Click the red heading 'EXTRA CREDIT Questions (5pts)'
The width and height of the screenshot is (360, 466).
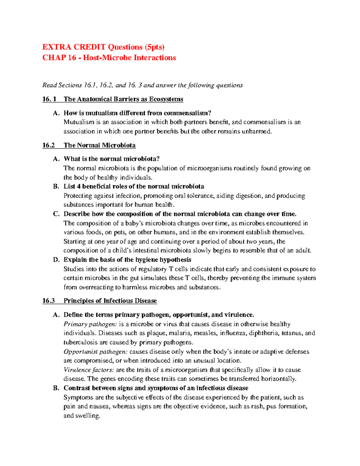point(103,47)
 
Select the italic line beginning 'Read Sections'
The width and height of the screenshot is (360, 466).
point(142,85)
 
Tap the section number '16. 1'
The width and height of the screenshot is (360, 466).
point(49,99)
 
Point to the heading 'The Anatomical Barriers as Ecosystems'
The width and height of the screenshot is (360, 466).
point(123,99)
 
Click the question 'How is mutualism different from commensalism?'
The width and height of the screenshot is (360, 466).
point(137,113)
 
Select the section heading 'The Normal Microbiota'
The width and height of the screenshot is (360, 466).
point(99,146)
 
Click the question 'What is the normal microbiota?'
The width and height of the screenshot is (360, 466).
point(111,159)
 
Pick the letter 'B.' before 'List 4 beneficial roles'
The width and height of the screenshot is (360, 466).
point(56,187)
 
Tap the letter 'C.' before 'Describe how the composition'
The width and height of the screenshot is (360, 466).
point(56,214)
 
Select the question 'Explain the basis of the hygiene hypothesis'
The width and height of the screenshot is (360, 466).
point(127,260)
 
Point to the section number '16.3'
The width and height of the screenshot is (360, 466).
point(48,301)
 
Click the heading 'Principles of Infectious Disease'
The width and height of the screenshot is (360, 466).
point(110,301)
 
